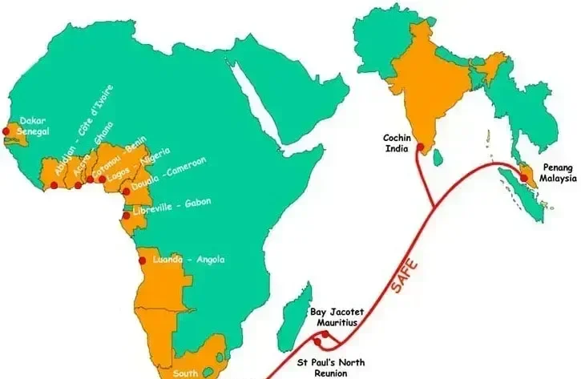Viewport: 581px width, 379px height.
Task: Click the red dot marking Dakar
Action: (6, 131)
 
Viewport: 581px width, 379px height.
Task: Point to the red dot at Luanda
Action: (143, 260)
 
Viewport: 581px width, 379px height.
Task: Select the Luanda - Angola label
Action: (188, 259)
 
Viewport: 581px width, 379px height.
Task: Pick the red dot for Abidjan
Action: (54, 186)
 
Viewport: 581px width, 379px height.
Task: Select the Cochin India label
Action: (397, 143)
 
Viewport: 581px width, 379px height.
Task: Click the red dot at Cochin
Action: (420, 147)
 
